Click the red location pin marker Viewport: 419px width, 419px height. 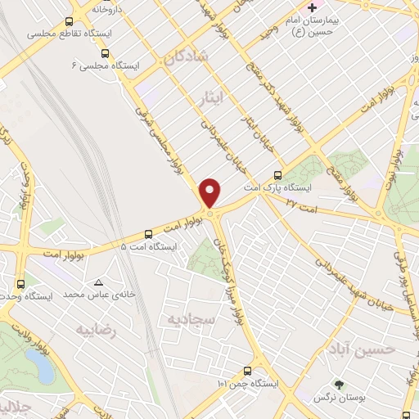pos(210,193)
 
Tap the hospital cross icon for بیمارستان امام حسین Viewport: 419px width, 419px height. pos(312,7)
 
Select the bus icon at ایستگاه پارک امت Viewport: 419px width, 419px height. pos(278,174)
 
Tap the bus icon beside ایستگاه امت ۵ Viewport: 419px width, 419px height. pos(148,233)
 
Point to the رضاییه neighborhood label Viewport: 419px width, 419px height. pos(97,330)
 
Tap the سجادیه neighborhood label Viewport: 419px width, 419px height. pos(191,319)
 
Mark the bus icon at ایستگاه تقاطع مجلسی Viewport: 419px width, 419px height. pos(70,22)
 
